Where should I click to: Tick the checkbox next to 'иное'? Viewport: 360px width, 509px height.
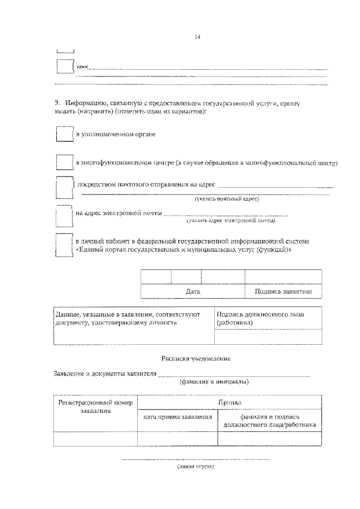[x=65, y=66]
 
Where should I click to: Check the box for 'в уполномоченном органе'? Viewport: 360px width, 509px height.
[x=65, y=135]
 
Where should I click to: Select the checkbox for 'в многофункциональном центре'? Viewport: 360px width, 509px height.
[x=65, y=163]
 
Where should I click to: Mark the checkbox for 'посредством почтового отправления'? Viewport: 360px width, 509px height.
[x=65, y=188]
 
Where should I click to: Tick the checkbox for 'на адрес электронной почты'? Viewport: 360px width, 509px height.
[x=65, y=217]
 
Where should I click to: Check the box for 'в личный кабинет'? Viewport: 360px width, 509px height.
[x=65, y=245]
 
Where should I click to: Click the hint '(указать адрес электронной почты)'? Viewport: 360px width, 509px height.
[x=239, y=222]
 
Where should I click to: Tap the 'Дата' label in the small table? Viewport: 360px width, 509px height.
[x=192, y=292]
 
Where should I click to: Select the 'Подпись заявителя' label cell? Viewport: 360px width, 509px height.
[x=283, y=292]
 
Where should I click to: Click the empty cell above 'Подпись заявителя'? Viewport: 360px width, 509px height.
[x=283, y=277]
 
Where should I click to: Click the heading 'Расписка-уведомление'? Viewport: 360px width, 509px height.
[x=187, y=358]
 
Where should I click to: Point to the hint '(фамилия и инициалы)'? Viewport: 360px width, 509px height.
[x=214, y=382]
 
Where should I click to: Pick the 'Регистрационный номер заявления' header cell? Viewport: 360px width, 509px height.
[x=95, y=407]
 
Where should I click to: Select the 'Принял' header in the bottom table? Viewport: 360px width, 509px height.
[x=229, y=403]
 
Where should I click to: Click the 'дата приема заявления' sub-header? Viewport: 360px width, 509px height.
[x=177, y=417]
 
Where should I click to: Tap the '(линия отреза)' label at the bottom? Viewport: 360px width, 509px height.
[x=196, y=466]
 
